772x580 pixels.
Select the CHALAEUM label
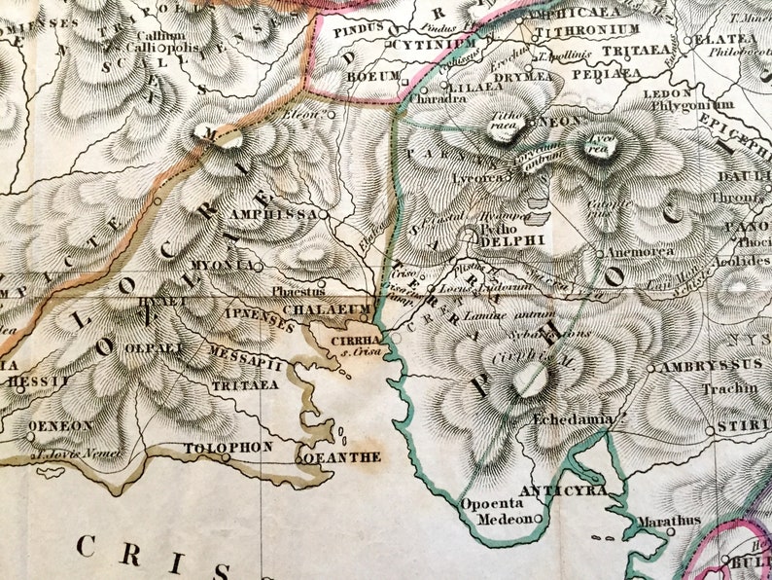point(314,309)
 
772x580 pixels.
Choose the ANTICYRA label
point(564,489)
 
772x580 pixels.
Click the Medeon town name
point(505,520)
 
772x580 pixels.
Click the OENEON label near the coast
point(61,425)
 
